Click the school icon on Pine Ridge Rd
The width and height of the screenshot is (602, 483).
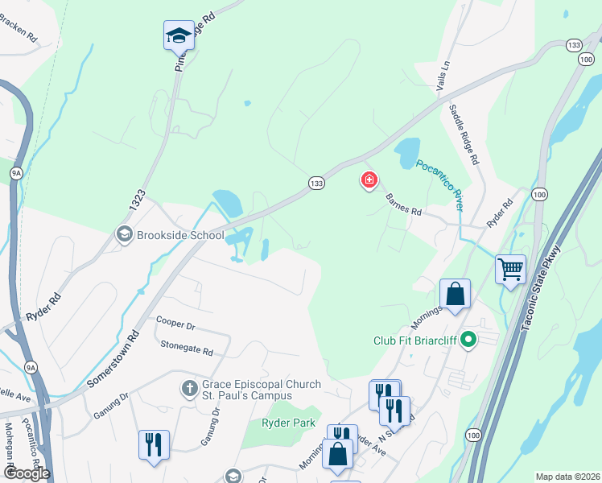179,35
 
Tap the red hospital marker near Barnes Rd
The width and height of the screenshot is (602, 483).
369,181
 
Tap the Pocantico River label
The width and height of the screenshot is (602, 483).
439,184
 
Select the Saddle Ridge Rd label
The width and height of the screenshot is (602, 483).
464,134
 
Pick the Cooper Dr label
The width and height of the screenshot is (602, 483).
176,323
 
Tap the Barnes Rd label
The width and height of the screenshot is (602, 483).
403,206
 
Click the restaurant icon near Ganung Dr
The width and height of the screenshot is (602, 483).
153,444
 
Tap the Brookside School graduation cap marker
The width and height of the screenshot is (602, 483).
125,235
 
